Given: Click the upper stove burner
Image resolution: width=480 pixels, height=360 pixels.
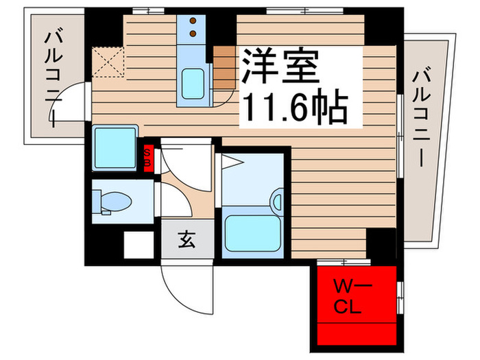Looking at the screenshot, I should [193, 20].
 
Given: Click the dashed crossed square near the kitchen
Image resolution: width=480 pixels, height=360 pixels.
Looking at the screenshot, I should [108, 61].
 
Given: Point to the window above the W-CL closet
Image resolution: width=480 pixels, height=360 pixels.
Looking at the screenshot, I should [347, 262].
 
